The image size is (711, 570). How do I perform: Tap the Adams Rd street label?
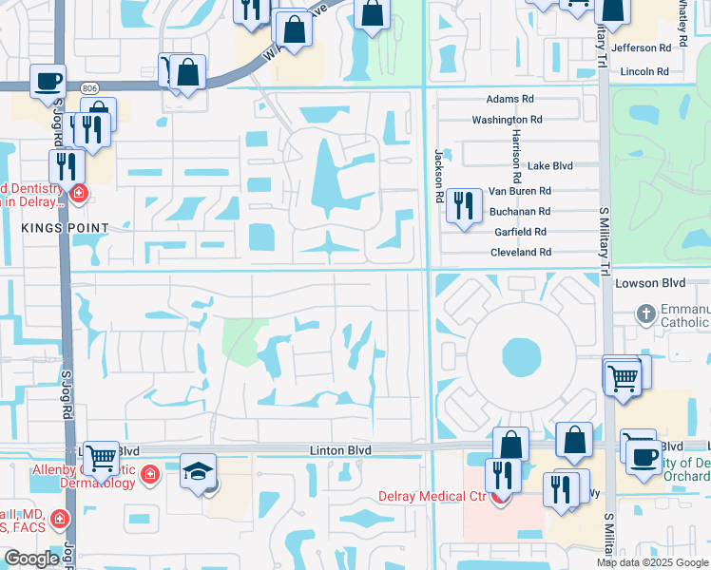[x=510, y=99]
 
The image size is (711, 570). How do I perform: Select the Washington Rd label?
[x=507, y=120]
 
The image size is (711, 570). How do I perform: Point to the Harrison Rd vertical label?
[x=516, y=155]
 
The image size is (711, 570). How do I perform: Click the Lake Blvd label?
[x=550, y=165]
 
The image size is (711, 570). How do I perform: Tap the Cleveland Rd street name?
[x=520, y=253]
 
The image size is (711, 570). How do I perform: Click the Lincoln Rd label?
[x=644, y=71]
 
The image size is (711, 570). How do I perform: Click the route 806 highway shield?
[x=90, y=87]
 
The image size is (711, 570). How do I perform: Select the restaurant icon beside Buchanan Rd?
[x=463, y=204]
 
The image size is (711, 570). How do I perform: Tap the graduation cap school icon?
[x=199, y=471]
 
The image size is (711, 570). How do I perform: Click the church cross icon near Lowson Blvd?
[x=645, y=313]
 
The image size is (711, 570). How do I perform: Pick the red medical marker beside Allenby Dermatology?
[x=149, y=473]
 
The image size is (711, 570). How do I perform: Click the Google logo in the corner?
[x=31, y=559]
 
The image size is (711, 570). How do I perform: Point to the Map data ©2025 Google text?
[x=651, y=562]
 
